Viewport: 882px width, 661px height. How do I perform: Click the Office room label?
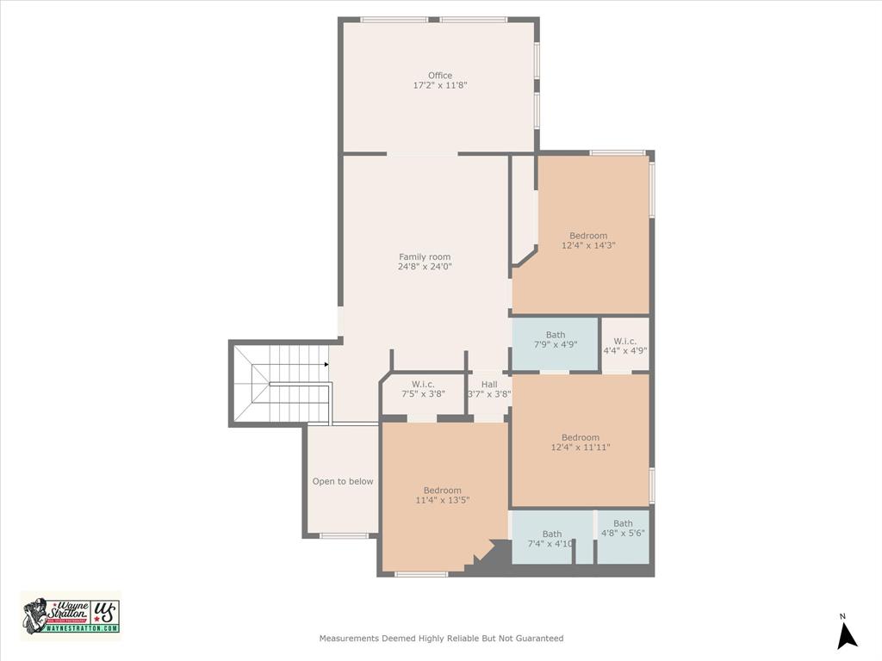click(x=440, y=76)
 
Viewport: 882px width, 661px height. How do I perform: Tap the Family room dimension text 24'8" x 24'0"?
click(x=425, y=267)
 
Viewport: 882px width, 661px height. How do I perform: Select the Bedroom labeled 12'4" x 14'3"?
click(x=588, y=240)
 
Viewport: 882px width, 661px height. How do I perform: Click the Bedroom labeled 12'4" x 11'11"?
click(x=581, y=442)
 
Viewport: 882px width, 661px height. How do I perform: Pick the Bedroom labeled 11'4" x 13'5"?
click(x=443, y=495)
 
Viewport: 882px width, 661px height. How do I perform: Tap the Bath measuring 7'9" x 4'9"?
click(x=556, y=339)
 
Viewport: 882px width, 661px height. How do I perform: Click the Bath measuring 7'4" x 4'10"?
click(x=551, y=539)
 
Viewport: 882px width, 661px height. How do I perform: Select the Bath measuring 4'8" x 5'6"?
click(x=623, y=528)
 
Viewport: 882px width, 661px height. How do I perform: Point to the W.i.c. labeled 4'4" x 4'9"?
click(x=625, y=346)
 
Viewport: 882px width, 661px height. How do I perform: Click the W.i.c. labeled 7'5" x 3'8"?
click(x=422, y=388)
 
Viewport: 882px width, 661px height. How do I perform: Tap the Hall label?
click(x=489, y=385)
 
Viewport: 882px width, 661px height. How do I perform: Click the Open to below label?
click(x=343, y=481)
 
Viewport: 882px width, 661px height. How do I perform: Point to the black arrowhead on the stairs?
click(x=326, y=365)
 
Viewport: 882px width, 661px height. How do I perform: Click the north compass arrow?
click(x=847, y=635)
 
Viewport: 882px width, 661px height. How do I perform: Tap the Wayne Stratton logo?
click(x=71, y=615)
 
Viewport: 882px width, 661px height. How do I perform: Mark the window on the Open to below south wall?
click(x=344, y=536)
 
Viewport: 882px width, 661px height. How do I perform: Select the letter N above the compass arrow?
click(x=843, y=616)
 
